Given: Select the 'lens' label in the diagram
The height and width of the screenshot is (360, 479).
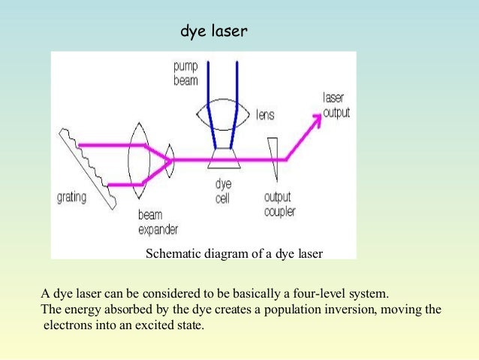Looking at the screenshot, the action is [x=264, y=115].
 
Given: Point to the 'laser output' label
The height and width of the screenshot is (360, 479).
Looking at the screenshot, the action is [x=336, y=106].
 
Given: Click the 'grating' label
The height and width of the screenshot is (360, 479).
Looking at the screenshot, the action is [x=72, y=198].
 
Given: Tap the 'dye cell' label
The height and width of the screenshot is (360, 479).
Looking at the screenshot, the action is [x=223, y=192].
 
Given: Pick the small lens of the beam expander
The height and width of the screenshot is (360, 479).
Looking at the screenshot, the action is [x=171, y=159].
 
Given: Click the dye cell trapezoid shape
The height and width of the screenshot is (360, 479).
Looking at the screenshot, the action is [x=223, y=159].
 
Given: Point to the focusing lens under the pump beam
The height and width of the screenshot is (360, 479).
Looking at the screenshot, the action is [x=221, y=115].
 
